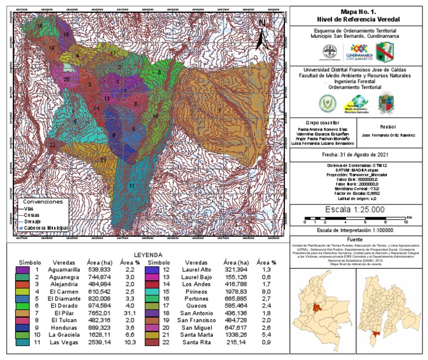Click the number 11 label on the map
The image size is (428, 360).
pos(132,185)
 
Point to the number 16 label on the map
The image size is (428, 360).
pos(40,26)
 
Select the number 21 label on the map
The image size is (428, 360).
pos(103,160)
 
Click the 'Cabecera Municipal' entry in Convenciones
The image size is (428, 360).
pos(46,228)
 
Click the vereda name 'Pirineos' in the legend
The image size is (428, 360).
pos(196,290)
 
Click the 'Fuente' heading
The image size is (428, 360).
pos(358,239)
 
